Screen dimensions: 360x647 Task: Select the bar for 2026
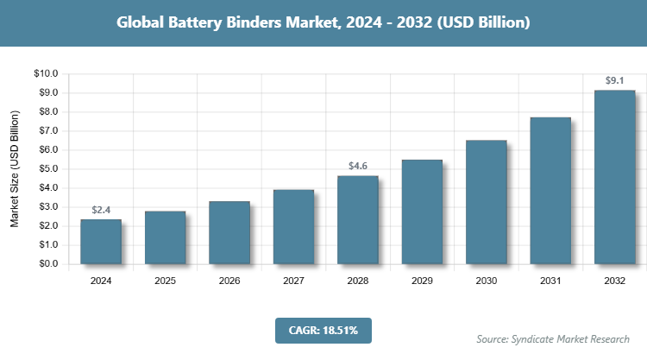(229, 233)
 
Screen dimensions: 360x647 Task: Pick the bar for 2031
(550, 191)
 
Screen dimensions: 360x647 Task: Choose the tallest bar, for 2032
(614, 177)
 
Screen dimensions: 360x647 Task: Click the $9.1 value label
(614, 81)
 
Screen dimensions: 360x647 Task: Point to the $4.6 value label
(358, 166)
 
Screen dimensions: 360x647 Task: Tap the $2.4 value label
(101, 210)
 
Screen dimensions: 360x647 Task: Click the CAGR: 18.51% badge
(323, 330)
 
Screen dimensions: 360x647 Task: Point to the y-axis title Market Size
(15, 169)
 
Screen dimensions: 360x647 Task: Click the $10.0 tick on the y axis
(46, 74)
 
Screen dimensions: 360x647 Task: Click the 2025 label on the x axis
(165, 281)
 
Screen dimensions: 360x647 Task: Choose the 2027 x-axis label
(293, 281)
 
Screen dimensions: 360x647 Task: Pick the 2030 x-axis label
(486, 281)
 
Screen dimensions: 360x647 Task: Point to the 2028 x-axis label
(358, 281)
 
